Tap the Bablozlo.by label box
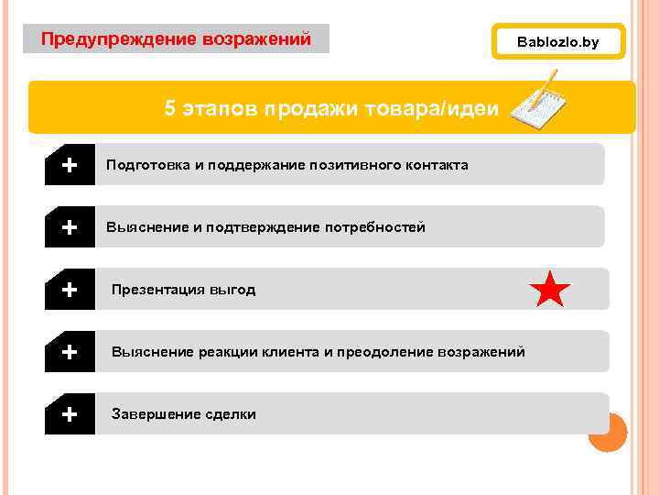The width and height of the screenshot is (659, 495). click(x=557, y=41)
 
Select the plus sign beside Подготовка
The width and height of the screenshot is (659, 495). click(x=69, y=165)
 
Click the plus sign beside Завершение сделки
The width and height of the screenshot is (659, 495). click(x=69, y=414)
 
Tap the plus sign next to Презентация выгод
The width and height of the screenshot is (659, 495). click(x=69, y=290)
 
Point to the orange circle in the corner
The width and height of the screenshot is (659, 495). click(x=607, y=432)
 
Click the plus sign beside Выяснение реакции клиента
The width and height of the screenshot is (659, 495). click(x=69, y=352)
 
